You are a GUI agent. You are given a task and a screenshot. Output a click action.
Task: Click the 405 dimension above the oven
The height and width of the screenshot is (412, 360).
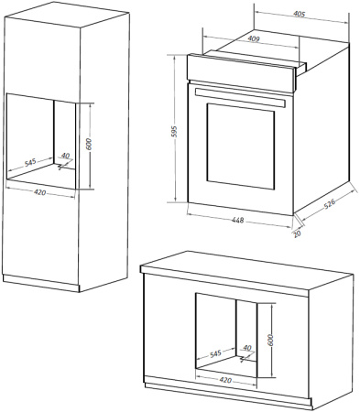coord(299,15)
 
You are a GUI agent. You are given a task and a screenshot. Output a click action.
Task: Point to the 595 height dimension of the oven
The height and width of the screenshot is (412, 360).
coord(172,132)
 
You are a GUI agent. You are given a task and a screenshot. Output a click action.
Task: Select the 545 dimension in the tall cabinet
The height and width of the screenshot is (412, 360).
coord(30,162)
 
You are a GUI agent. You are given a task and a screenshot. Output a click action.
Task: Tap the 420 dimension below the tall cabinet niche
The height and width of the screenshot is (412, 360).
coord(40,193)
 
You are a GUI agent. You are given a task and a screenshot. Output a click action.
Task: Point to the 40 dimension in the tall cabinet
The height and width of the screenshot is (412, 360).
coord(65,156)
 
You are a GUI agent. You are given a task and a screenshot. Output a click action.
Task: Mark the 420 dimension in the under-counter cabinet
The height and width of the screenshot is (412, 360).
coord(225,379)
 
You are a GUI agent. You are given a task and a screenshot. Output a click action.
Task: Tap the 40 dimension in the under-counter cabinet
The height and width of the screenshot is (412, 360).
coord(247,347)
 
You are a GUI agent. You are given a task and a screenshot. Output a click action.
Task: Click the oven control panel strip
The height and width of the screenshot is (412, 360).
coord(243,66)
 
